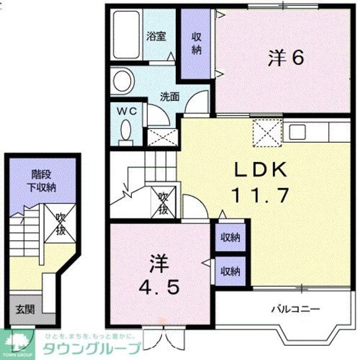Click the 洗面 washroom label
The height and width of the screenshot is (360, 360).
click(x=169, y=96)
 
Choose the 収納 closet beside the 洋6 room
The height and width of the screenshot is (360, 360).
click(x=196, y=43)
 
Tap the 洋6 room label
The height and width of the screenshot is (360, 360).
click(x=287, y=58)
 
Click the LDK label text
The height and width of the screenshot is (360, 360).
click(x=261, y=170)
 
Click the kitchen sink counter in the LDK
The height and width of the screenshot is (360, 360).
click(x=317, y=130)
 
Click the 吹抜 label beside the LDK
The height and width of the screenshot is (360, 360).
click(x=163, y=202)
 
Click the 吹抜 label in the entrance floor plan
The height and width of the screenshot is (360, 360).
click(x=61, y=223)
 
